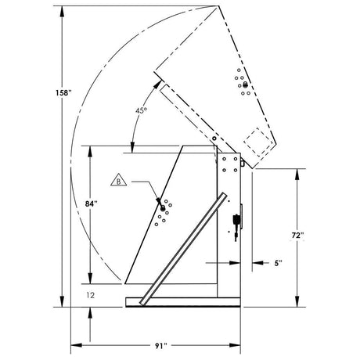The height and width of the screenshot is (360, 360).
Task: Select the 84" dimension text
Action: point(92,204)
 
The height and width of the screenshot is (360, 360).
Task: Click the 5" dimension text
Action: point(277,264)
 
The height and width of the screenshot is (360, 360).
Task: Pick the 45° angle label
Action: point(140,110)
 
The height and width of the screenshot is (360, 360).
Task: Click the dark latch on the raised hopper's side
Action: point(245,85)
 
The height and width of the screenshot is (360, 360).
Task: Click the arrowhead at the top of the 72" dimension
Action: point(297,170)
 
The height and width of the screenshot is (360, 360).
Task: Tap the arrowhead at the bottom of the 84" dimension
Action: point(92,283)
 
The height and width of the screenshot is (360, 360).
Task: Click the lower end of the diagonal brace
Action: point(142,301)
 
